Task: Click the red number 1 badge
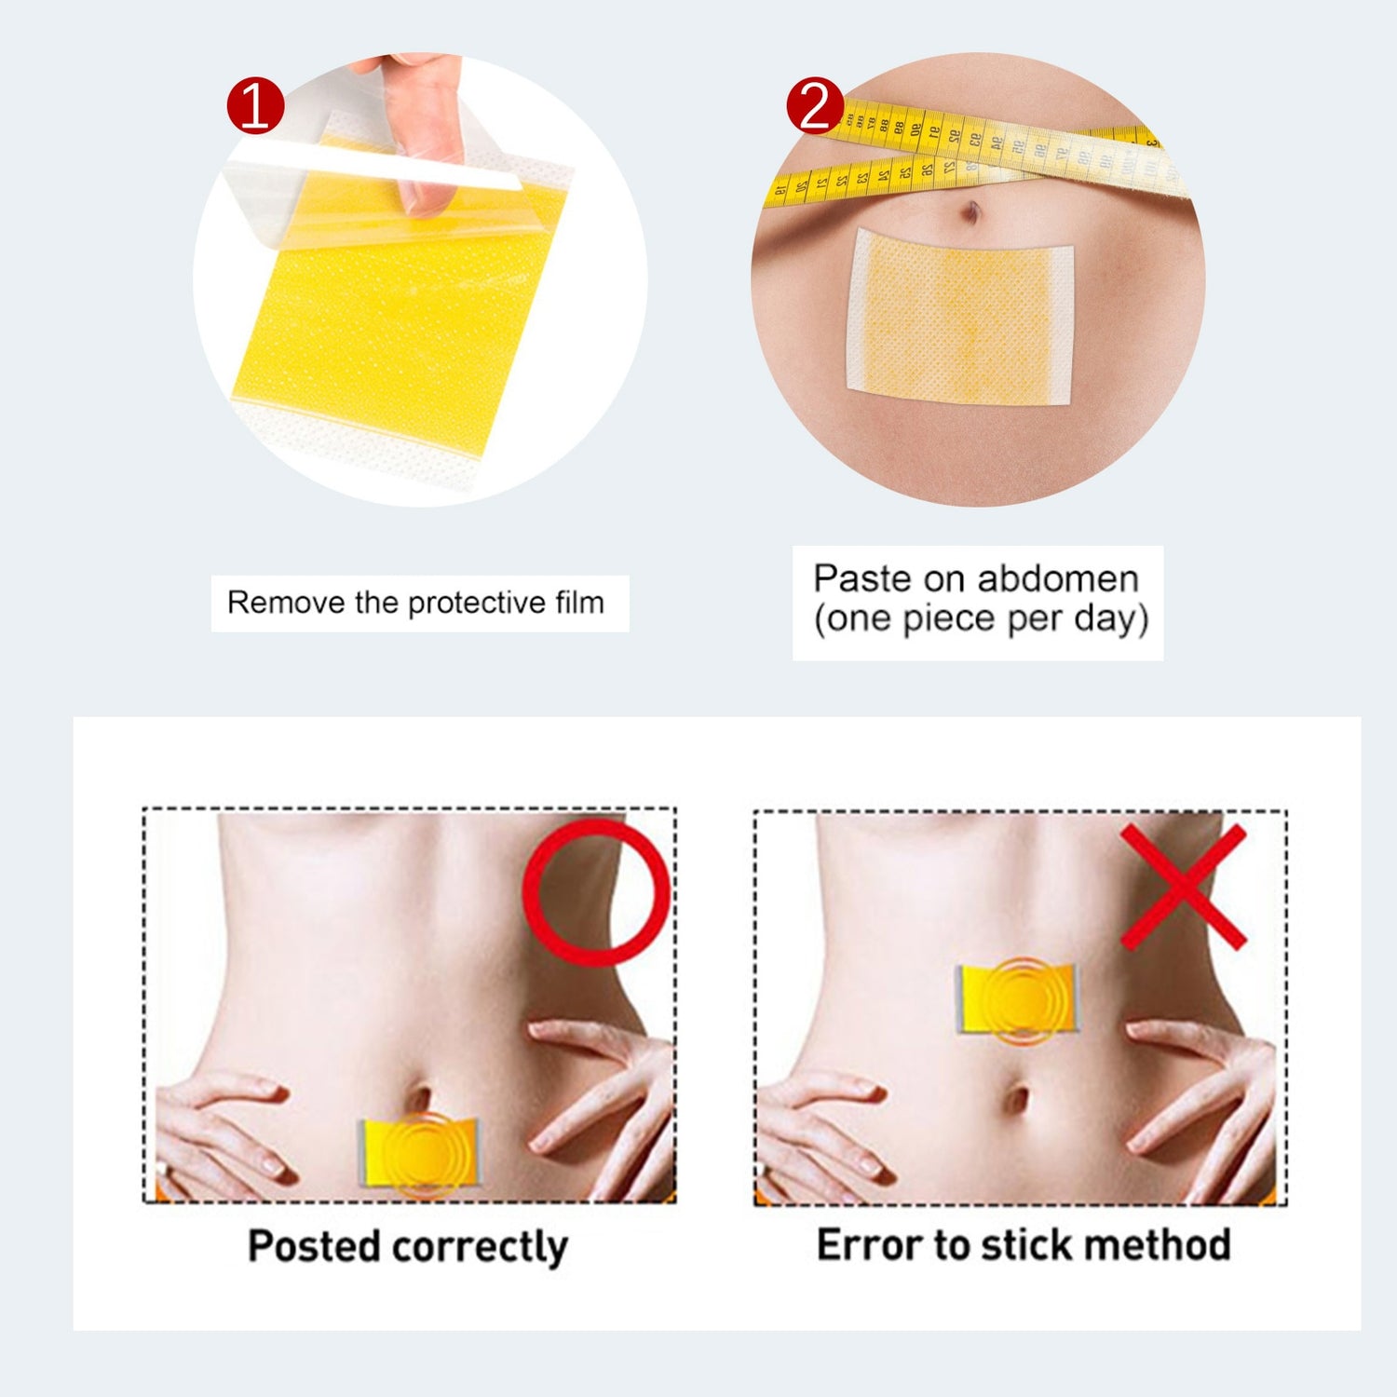(255, 105)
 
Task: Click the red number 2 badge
(815, 105)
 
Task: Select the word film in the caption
(580, 603)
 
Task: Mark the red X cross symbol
(1183, 887)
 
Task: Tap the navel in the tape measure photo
(971, 212)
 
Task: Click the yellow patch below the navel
(420, 1153)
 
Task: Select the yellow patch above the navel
(1018, 998)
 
